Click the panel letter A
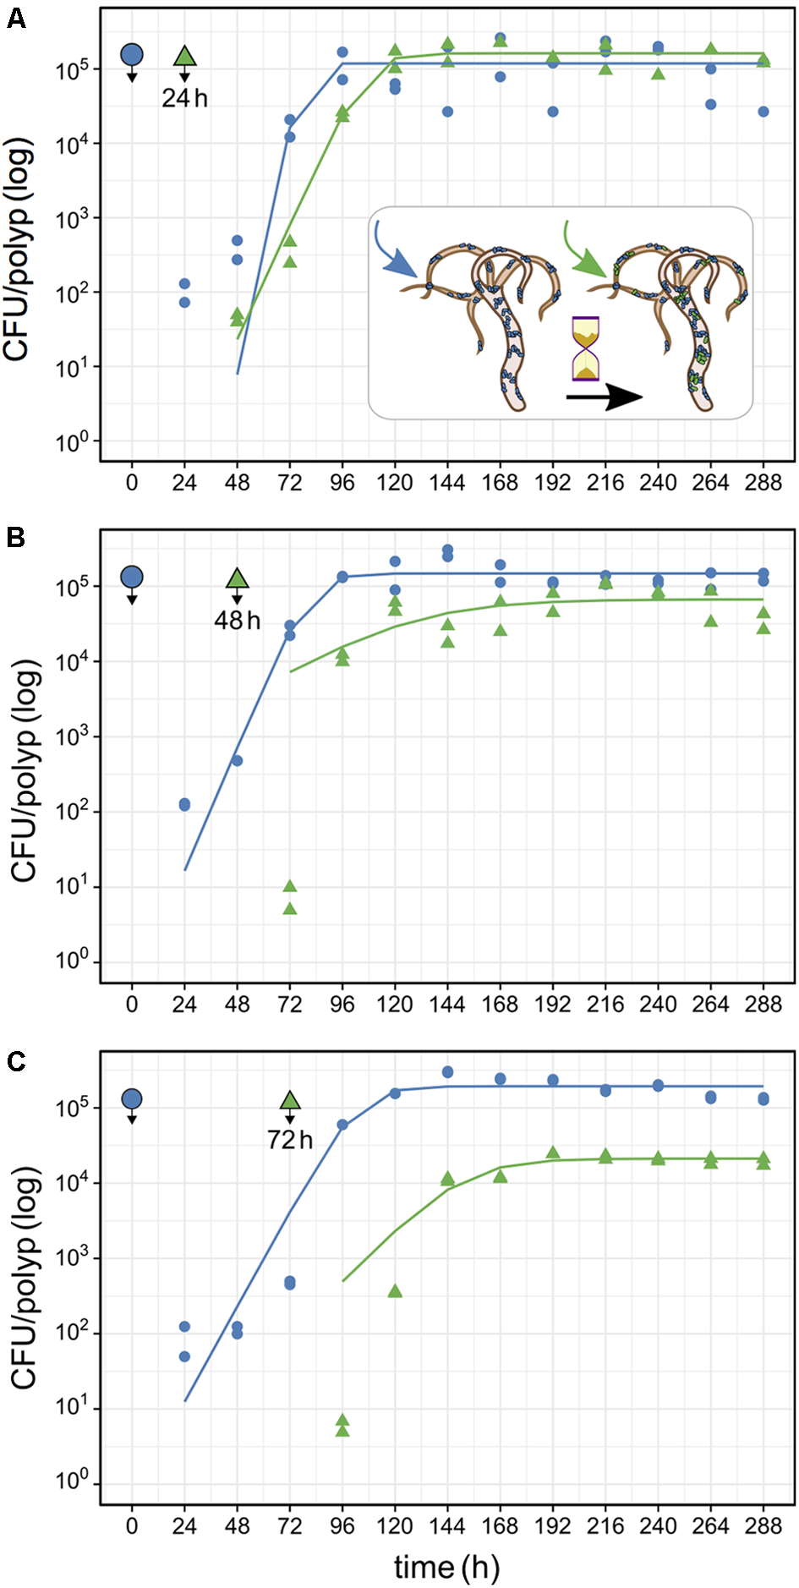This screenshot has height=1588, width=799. point(15,18)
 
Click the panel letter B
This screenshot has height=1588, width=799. point(15,537)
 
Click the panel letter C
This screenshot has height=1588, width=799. point(15,1061)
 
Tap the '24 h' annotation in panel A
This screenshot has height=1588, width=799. point(184,99)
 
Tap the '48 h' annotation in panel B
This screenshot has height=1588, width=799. point(237,621)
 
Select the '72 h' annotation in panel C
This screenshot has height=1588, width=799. point(289,1140)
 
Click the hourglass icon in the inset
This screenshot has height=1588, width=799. point(585,348)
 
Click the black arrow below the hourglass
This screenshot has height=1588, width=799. point(604,396)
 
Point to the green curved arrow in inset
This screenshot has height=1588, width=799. point(585,252)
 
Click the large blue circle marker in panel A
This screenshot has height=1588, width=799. point(132,55)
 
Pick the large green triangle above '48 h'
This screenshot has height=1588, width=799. point(237,578)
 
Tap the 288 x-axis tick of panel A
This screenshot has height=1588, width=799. point(763,483)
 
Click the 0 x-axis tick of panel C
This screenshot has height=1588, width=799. point(132,1525)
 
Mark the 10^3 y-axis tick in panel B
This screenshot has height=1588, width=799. point(73,737)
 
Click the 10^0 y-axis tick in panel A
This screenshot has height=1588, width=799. point(73,441)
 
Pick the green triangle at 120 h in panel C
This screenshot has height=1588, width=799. point(395,1290)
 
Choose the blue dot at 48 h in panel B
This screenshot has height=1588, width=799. point(238,760)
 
